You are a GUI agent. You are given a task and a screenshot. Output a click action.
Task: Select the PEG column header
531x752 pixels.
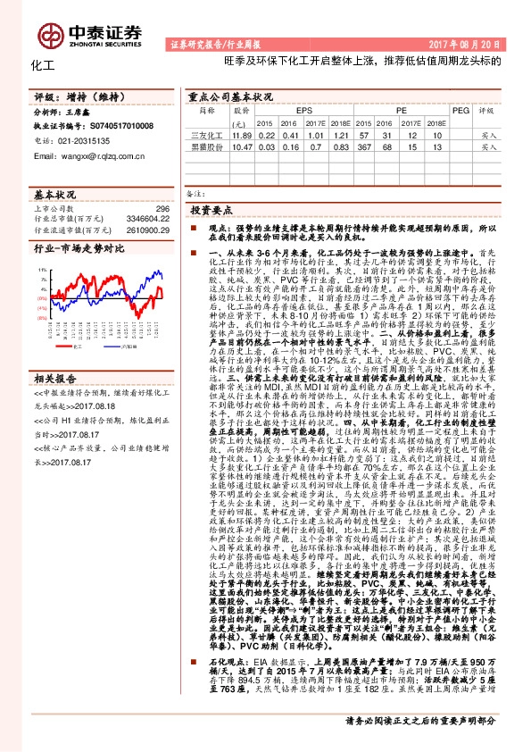[460, 109]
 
